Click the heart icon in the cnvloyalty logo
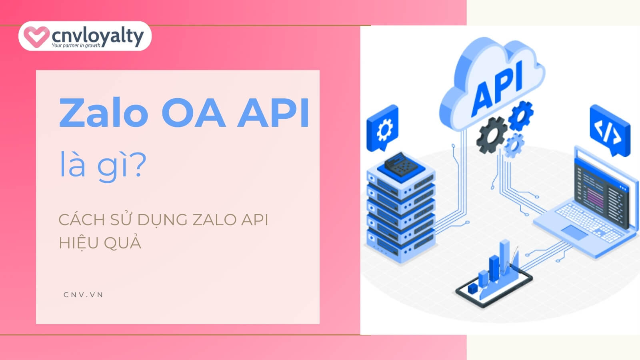click(36, 36)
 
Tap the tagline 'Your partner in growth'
click(76, 46)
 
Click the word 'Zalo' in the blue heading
click(104, 113)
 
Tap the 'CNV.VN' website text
click(83, 295)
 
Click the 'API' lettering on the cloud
click(498, 88)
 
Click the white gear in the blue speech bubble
click(384, 130)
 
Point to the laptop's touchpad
click(575, 232)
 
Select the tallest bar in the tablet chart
click(504, 258)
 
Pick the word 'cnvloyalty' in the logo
click(98, 37)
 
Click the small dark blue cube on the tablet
click(472, 288)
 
